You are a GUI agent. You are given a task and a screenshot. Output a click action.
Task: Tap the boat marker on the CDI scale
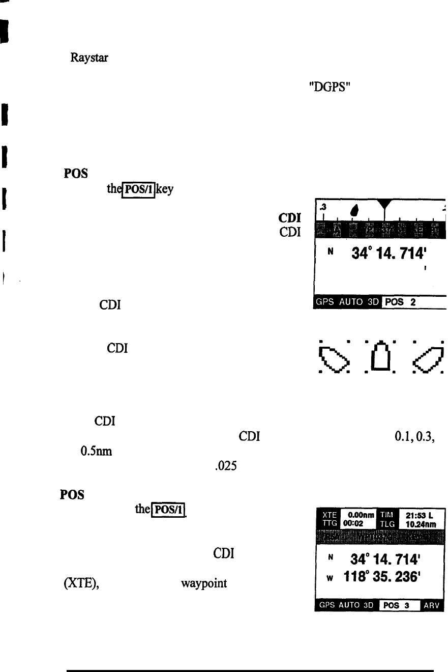click(x=354, y=210)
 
